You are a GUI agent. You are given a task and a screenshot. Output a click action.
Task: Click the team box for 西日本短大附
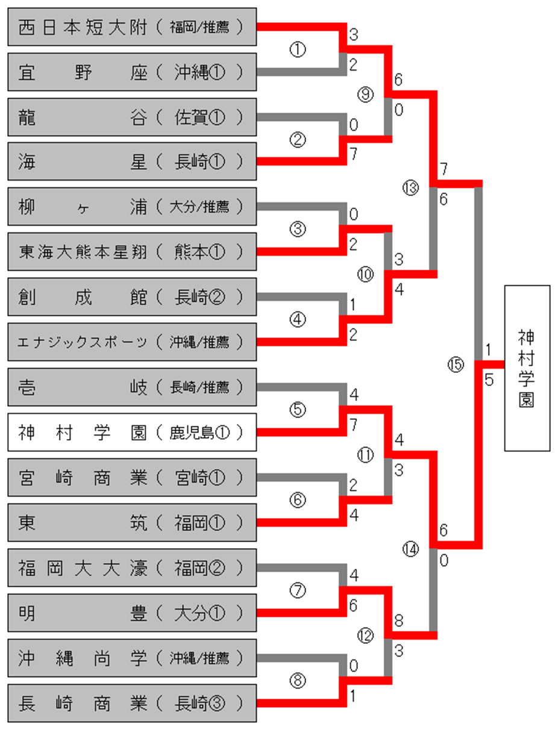point(132,27)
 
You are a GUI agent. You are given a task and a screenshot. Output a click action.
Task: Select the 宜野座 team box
point(132,72)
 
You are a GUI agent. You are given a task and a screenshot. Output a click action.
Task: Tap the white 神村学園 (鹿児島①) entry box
point(132,432)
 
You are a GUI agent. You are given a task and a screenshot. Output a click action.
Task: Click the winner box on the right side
point(527,368)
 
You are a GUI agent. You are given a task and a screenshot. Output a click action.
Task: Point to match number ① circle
point(298,49)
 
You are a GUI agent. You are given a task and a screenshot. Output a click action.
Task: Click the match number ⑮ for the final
point(456,365)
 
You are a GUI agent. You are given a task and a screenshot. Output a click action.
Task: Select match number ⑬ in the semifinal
point(410,188)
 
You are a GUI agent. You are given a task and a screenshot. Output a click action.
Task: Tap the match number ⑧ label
point(298,681)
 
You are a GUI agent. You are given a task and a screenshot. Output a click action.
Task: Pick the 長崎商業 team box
point(132,703)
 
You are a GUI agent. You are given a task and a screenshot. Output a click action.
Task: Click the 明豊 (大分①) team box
point(132,613)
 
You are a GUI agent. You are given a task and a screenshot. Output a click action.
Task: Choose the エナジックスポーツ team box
point(132,342)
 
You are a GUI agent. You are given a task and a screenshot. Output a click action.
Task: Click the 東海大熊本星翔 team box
point(132,252)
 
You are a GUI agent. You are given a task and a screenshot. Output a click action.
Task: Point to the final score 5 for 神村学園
point(489,380)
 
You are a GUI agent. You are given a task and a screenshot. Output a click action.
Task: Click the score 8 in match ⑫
point(399,620)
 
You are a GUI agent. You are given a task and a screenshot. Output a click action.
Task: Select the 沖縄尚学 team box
point(132,658)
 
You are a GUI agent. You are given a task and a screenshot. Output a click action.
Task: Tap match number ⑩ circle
point(365,275)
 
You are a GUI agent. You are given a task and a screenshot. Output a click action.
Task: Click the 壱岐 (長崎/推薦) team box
point(132,387)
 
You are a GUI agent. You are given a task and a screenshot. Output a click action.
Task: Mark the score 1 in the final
point(488,350)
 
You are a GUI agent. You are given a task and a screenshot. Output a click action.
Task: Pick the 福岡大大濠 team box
point(132,568)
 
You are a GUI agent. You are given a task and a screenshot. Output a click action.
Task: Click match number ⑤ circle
point(298,410)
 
